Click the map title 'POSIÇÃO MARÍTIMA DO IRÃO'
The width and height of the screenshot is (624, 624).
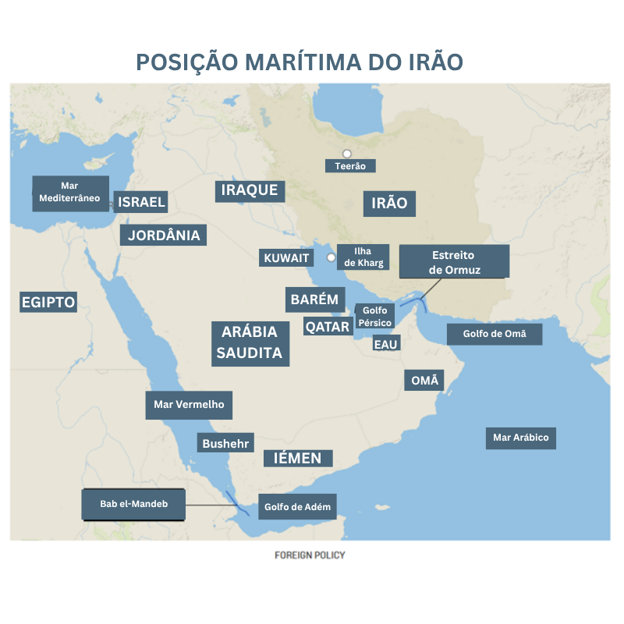coord(300,62)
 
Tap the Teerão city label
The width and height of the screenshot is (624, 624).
coord(350,165)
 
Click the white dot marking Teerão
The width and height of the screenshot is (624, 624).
coord(347,154)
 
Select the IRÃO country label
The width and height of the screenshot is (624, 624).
coord(390,204)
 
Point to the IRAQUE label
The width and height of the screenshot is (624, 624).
coord(250,190)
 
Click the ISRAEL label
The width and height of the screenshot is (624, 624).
coord(141,203)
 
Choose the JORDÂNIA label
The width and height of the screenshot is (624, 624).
coord(164,235)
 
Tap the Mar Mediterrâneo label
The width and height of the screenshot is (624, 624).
coord(69,192)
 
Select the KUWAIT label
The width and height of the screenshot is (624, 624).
coord(287,258)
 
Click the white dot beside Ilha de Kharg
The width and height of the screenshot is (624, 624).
coord(331,257)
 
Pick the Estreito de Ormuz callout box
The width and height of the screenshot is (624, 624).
coord(454,262)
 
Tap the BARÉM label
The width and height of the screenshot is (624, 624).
coord(314,299)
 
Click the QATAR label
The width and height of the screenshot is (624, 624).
coord(328,327)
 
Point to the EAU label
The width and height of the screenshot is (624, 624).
coord(385,344)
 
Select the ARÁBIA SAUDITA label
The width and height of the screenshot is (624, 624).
coord(250,342)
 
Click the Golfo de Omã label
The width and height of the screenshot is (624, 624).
coord(495,334)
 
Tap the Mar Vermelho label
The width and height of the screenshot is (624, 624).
coord(189,405)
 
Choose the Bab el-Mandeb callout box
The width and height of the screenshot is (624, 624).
coord(134,504)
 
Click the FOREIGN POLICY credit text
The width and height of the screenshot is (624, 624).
coord(310,555)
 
